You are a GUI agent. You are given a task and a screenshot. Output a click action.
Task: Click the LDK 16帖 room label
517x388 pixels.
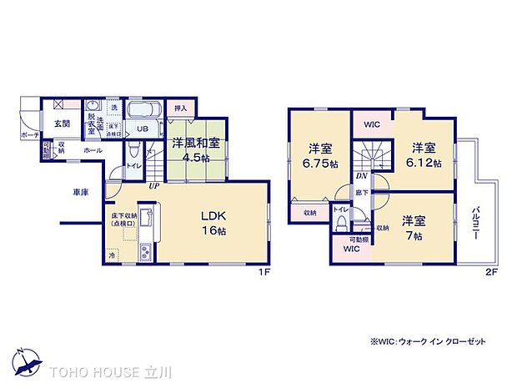tap(209, 223)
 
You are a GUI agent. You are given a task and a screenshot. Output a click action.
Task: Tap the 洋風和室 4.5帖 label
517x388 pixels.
tap(198, 151)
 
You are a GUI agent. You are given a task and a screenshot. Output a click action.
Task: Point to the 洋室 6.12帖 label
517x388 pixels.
tap(424, 154)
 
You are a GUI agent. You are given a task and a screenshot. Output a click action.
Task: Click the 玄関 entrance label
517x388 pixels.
tap(62, 123)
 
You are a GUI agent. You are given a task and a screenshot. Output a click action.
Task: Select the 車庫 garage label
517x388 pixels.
tap(81, 192)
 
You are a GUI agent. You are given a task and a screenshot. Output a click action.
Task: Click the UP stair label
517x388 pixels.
tap(154, 185)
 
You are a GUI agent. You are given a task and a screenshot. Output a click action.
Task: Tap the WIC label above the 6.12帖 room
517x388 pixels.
tap(372, 124)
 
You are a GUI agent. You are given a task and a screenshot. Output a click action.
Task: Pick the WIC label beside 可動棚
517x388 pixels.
tap(351, 248)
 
